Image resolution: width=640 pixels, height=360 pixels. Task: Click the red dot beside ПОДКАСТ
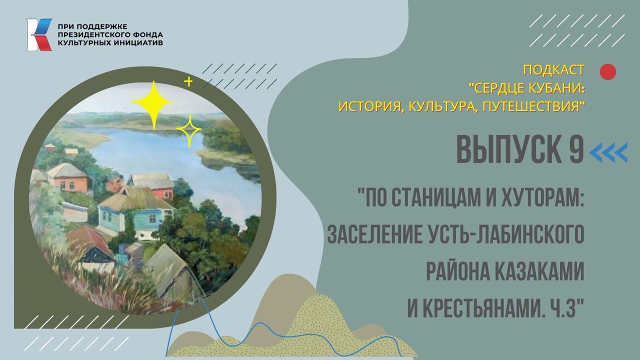607,72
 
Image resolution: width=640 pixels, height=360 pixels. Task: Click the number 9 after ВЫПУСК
576,150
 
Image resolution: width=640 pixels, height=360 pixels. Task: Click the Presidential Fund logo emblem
38,34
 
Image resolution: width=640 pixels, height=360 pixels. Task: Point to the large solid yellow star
152,104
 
